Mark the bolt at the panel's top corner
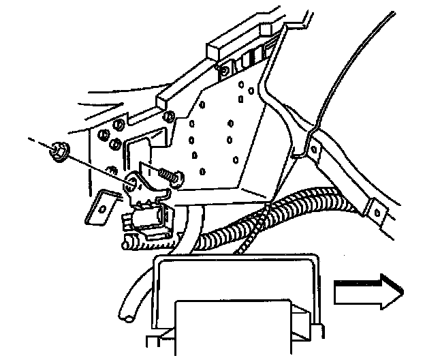(223, 70)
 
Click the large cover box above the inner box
(238, 280)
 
